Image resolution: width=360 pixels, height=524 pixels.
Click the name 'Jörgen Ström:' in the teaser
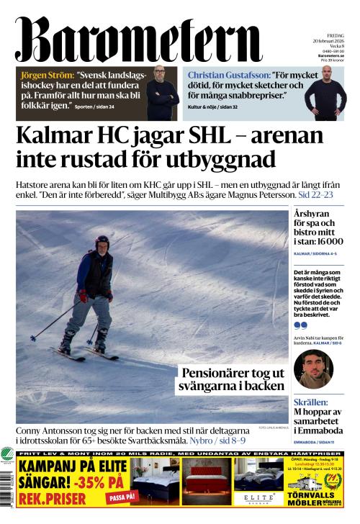[45, 75]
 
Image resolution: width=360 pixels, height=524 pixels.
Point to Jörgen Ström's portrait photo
[163, 91]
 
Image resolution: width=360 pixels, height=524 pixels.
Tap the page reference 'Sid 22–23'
[318, 195]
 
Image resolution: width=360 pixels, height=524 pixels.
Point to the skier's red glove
[83, 295]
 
